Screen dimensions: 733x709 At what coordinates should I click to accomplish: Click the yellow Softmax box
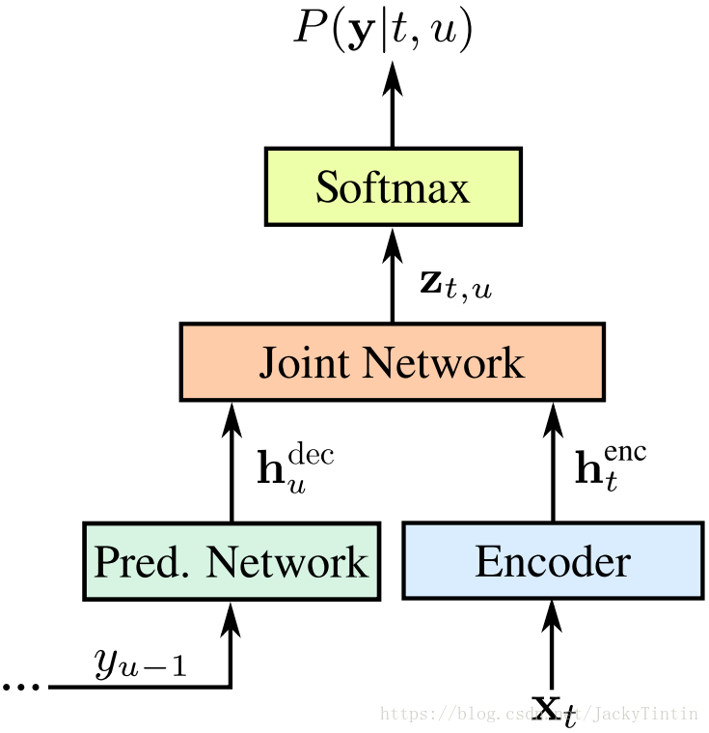[393, 186]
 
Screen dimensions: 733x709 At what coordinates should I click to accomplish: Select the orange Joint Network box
[392, 362]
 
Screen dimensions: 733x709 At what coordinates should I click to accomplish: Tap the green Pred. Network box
[231, 561]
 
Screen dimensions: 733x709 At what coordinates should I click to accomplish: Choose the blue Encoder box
[553, 561]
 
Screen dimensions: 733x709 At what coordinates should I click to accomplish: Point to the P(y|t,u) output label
[383, 30]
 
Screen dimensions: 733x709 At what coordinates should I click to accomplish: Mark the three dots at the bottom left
[20, 687]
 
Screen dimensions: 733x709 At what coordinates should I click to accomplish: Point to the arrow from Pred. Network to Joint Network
[232, 462]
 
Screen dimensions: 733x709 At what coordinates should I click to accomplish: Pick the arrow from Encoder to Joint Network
[553, 462]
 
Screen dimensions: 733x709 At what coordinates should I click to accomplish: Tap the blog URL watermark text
[539, 714]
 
